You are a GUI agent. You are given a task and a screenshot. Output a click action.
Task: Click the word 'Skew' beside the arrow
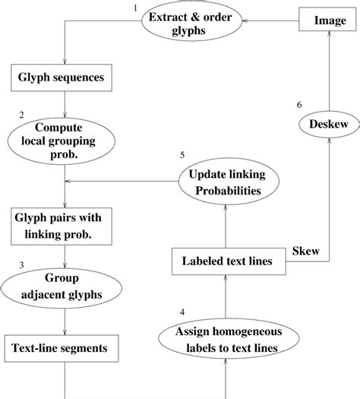click(x=305, y=250)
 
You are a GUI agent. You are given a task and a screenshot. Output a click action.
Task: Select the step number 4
click(x=181, y=311)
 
